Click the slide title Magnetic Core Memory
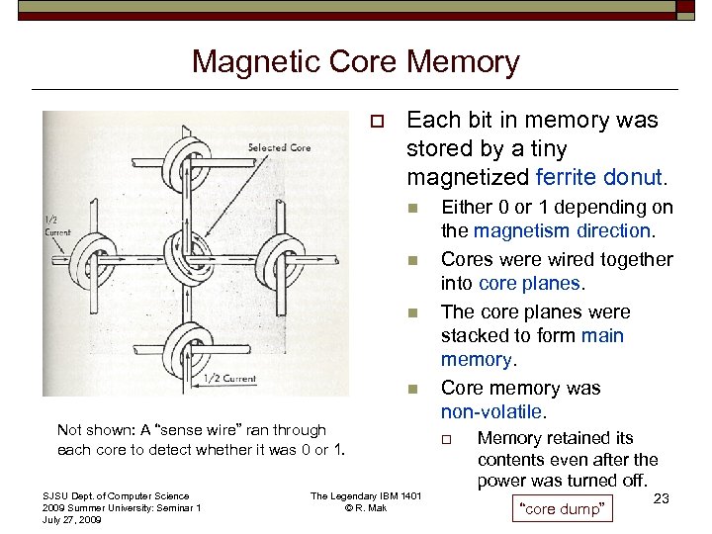[355, 62]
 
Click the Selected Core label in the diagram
[279, 148]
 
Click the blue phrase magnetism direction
[562, 230]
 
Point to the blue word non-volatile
[490, 411]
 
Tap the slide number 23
[663, 500]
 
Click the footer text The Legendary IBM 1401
[366, 496]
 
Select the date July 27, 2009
[72, 519]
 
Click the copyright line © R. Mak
[366, 508]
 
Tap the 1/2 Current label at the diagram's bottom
[230, 379]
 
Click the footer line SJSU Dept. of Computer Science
[116, 496]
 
